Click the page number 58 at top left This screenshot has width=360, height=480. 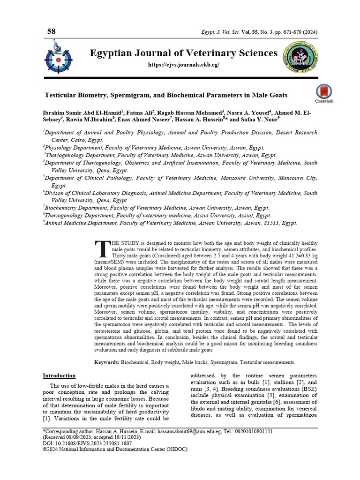pyautogui.click(x=51, y=31)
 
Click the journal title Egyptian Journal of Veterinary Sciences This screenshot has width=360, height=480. pyautogui.click(x=183, y=53)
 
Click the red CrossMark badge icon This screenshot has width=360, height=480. pyautogui.click(x=324, y=92)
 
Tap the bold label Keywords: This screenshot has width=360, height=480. pyautogui.click(x=107, y=362)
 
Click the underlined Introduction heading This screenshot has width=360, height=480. pyautogui.click(x=59, y=375)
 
